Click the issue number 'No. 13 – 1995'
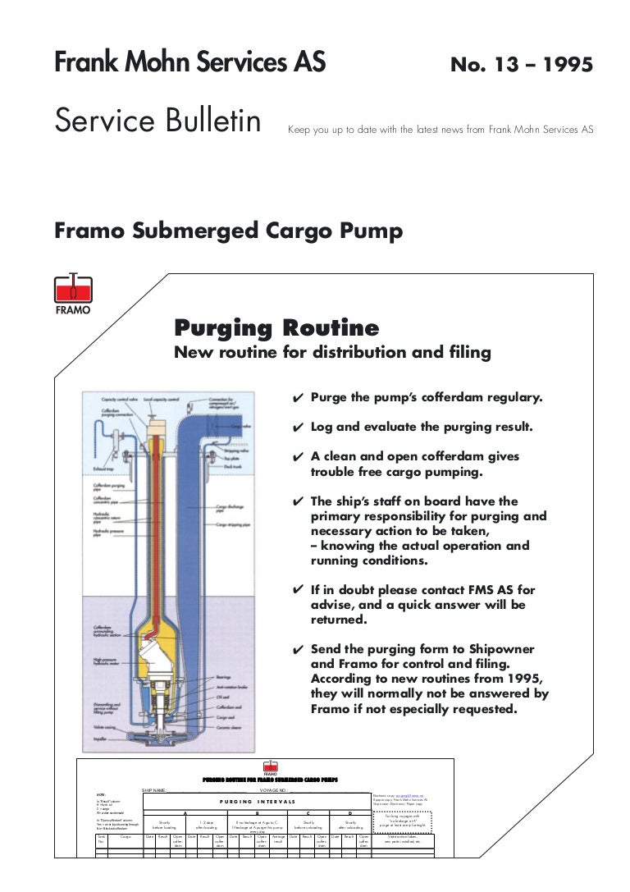522,65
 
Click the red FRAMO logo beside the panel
73,293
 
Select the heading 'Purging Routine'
276,329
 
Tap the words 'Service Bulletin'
157,121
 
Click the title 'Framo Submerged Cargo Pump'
228,231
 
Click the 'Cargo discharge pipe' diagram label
231,510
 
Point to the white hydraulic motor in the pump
160,656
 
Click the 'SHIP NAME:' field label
154,789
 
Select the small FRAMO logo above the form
270,768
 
